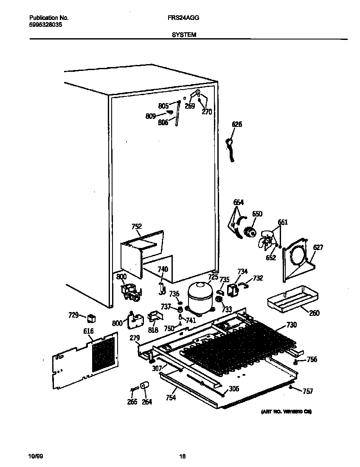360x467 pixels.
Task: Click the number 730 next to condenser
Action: (291, 325)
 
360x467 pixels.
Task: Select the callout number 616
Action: (88, 331)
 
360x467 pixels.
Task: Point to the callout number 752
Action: (136, 227)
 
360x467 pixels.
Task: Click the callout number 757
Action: (307, 391)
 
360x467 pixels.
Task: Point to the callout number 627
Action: (318, 248)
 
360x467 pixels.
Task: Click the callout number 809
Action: (150, 115)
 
